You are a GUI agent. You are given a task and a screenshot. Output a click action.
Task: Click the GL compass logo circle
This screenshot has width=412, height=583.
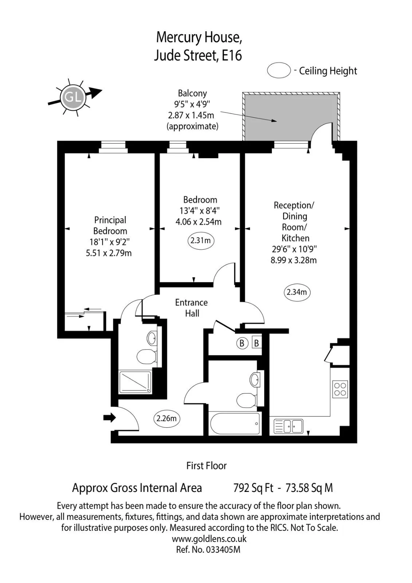(x=73, y=97)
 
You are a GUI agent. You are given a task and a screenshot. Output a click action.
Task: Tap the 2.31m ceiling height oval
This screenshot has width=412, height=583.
(x=201, y=241)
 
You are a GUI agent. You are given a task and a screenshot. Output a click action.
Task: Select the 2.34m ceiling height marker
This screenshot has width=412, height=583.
(x=297, y=292)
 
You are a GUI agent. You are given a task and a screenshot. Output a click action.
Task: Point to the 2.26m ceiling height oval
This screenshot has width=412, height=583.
(x=166, y=419)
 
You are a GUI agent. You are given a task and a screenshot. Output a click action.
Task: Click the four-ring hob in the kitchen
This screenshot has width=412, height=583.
(x=340, y=390)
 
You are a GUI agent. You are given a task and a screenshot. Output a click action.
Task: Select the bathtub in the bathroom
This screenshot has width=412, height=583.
(x=235, y=423)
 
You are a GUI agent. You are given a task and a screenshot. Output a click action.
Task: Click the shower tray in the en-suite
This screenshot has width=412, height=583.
(x=135, y=382)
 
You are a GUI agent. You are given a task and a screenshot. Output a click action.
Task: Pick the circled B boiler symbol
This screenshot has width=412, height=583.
(x=242, y=343)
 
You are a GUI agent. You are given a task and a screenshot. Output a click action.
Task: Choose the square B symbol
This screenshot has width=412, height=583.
(x=256, y=343)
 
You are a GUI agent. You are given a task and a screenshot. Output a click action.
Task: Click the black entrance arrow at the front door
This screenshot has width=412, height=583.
(x=110, y=418)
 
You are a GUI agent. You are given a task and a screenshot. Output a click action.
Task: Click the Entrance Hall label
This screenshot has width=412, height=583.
(x=192, y=308)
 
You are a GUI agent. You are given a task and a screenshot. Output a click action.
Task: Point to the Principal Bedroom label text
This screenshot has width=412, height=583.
(x=110, y=226)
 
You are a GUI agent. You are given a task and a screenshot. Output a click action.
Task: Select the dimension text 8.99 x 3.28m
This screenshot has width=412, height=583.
(x=294, y=260)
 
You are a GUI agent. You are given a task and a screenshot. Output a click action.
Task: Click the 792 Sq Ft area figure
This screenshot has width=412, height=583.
(x=254, y=488)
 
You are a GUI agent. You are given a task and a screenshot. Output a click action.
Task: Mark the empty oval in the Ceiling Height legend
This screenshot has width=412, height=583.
(x=279, y=70)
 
